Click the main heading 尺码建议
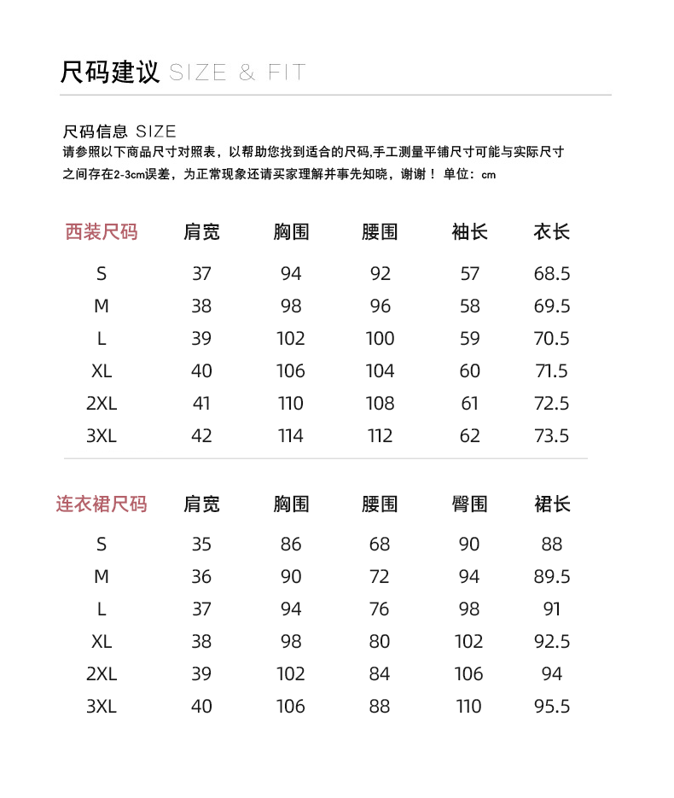(x=110, y=72)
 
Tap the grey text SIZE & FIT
(x=237, y=73)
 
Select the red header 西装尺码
(x=102, y=231)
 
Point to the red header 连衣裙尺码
(x=102, y=504)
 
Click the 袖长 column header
(x=469, y=231)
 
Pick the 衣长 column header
(x=551, y=231)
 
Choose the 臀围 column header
(x=469, y=504)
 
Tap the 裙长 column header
(x=551, y=504)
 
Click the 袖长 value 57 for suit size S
(x=469, y=274)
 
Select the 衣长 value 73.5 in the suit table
(x=551, y=436)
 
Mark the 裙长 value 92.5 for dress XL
(x=551, y=642)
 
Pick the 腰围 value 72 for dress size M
(x=380, y=577)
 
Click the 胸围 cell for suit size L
(x=291, y=339)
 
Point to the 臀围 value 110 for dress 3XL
(x=469, y=707)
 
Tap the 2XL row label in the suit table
(x=102, y=404)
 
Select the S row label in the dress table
(x=102, y=545)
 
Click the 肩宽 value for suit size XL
(x=201, y=371)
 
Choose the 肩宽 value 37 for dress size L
(x=201, y=609)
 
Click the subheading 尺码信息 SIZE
(x=119, y=131)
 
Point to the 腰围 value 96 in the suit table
(x=380, y=306)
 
